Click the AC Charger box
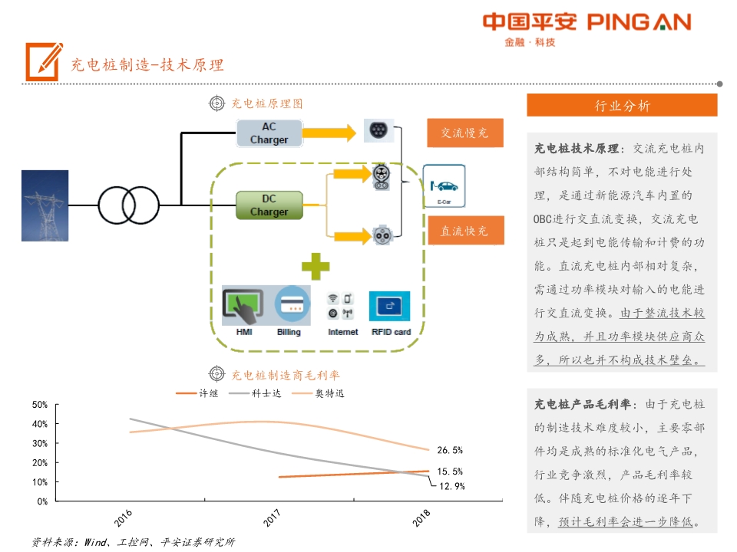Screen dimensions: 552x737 tap(269, 133)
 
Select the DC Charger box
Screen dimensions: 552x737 tap(269, 205)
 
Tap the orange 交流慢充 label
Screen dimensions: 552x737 tap(464, 133)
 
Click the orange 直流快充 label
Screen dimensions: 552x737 tap(464, 231)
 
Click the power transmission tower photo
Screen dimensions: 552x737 tap(45, 205)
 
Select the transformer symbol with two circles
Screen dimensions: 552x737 tap(127, 205)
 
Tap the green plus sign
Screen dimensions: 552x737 tap(315, 265)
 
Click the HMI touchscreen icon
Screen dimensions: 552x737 tap(243, 306)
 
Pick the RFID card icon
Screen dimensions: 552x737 tap(390, 306)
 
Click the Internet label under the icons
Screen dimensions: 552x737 tap(343, 332)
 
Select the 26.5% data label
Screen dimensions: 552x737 tap(450, 450)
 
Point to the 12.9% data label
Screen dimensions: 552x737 tap(451, 485)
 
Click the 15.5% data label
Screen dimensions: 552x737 tap(450, 472)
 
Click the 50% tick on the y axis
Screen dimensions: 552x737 tap(40, 404)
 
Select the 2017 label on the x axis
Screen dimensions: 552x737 tap(272, 520)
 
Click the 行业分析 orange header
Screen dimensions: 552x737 tap(622, 106)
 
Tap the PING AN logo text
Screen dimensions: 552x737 tap(640, 22)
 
